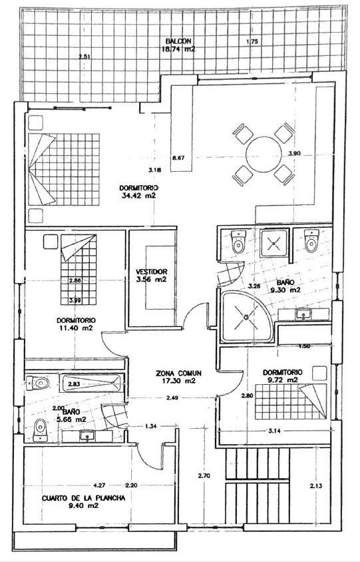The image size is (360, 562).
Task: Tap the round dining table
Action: [264, 154]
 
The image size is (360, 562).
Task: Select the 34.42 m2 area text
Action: [138, 196]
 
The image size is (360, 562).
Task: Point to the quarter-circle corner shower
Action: [245, 317]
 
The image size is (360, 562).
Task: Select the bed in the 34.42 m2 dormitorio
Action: [63, 169]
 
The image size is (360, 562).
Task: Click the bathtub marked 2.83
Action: [91, 384]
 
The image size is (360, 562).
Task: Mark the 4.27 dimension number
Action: [100, 484]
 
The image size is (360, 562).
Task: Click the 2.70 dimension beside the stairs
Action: [204, 476]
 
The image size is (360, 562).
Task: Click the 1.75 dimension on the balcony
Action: [252, 42]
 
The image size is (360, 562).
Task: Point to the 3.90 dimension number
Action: [295, 153]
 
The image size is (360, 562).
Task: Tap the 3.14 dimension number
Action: [273, 431]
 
